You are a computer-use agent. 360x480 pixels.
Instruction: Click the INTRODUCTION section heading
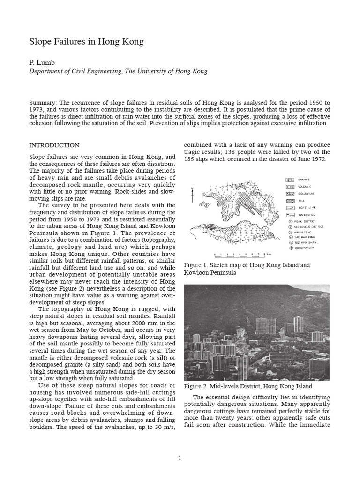[x=54, y=145]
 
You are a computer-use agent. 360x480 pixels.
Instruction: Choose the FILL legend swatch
[x=290, y=200]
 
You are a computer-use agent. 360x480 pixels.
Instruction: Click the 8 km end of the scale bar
[x=265, y=254]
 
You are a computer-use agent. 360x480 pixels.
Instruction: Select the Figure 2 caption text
[x=248, y=386]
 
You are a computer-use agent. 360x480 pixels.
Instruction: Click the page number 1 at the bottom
[x=180, y=458]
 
